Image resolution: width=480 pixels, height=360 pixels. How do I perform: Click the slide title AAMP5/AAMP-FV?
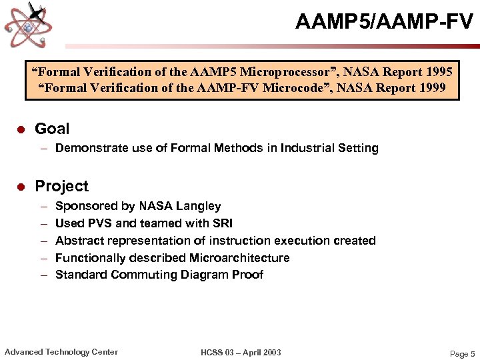click(384, 22)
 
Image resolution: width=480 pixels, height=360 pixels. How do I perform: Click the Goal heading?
click(52, 129)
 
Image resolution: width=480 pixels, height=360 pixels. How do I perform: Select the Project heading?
click(61, 186)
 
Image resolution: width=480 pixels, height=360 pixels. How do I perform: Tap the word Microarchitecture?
click(239, 258)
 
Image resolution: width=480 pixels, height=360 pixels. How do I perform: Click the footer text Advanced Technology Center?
click(61, 352)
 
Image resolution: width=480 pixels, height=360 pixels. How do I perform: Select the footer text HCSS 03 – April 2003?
click(241, 353)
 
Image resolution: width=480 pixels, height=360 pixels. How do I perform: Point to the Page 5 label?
click(463, 354)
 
